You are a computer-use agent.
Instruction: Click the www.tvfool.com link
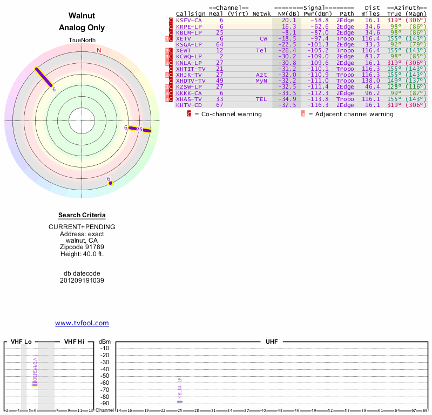82,323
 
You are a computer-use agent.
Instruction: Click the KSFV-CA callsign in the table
189,20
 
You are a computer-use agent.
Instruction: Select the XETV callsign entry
184,38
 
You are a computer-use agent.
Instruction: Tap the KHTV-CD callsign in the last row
189,105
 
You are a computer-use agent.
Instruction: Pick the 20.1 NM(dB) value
289,20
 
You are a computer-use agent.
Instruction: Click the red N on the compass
99,50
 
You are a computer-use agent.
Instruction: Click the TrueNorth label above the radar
82,41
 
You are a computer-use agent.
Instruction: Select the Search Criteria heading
82,215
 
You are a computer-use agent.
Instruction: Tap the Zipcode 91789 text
82,247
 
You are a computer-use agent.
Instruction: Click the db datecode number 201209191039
82,280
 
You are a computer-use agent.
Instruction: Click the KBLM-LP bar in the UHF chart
180,401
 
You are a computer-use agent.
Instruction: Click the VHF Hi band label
74,342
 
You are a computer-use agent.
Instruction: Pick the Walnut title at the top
82,16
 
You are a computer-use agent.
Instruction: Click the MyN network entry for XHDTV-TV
261,81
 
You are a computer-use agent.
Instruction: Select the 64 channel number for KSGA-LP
220,44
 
